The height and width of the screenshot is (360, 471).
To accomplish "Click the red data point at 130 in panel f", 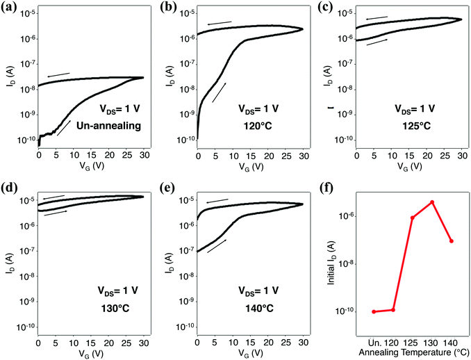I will (432, 202).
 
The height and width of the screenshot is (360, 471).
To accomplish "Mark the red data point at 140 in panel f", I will (452, 241).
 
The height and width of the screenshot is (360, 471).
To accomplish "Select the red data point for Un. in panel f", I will (374, 311).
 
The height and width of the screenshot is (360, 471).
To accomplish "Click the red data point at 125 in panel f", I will (413, 218).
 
